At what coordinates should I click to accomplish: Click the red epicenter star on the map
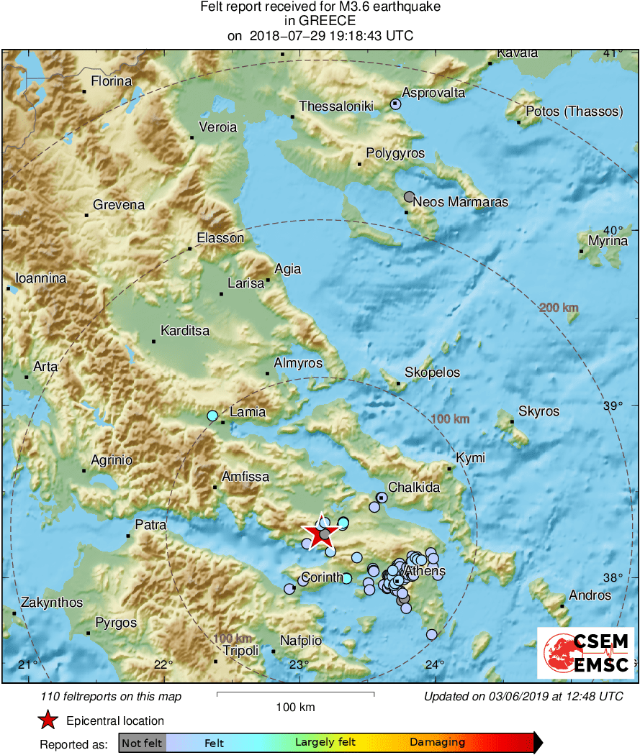point(319,533)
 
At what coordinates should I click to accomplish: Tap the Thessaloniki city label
point(336,106)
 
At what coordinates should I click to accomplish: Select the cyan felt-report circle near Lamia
point(212,416)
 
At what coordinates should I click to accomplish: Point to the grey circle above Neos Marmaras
point(409,196)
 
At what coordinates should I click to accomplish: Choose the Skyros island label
point(538,411)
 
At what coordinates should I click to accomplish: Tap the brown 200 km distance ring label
point(559,308)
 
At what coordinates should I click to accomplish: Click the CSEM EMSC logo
point(585,652)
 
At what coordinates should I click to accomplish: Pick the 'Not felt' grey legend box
point(142,743)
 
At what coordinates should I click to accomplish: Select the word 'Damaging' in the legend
point(437,743)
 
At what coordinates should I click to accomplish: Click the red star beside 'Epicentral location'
point(48,720)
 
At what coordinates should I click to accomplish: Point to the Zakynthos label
point(52,603)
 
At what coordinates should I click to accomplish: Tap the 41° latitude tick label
point(613,52)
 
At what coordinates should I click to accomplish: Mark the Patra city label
point(150,526)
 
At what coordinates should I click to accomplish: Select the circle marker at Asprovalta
point(395,104)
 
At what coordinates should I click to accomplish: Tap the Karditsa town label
point(185,331)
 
